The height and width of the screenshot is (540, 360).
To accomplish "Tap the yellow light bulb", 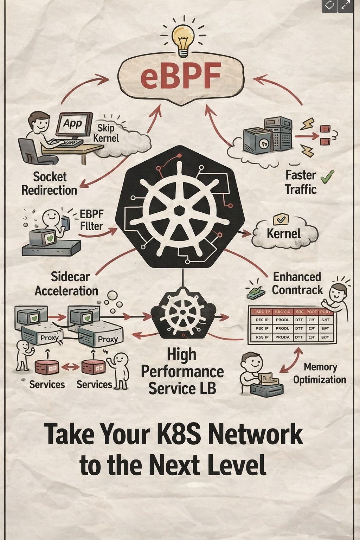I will pos(182,39).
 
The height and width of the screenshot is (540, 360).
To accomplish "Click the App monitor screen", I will pos(73,124).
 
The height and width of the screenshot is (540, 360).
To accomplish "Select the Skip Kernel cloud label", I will pos(106,133).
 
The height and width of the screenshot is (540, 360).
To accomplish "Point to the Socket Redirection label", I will pos(49,183).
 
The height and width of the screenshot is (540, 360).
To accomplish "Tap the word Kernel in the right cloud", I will pos(283,233).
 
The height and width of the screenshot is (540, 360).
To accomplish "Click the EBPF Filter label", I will pos(91,220).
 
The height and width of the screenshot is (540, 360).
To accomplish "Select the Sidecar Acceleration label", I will pos(66,284).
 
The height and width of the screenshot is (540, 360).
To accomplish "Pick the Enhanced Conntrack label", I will pos(297,283).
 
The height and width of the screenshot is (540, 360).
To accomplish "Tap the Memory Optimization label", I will pos(320,373).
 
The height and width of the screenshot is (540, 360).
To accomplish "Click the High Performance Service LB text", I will pos(182,372).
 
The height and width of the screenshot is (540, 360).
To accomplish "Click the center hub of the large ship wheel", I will pos(180,211).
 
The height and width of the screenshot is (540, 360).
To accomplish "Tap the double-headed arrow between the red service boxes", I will pos(70,367).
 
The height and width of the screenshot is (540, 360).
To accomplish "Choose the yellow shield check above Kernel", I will pos(281,219).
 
